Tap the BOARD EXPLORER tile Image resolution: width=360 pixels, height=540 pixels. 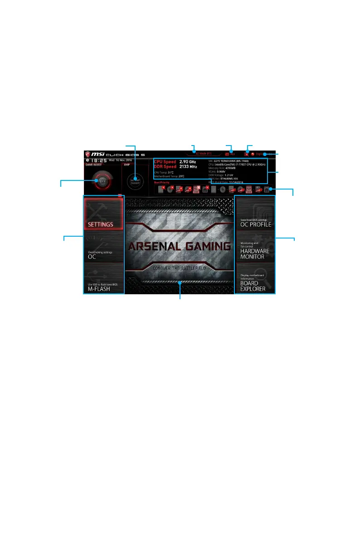255,278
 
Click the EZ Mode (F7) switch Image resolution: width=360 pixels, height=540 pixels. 200,154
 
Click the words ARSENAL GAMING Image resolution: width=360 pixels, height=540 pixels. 180,247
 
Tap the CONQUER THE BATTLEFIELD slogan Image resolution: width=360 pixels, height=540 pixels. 180,268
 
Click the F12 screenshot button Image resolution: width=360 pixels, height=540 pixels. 230,154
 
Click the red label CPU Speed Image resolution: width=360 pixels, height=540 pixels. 165,161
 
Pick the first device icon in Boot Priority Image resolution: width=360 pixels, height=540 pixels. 161,189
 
